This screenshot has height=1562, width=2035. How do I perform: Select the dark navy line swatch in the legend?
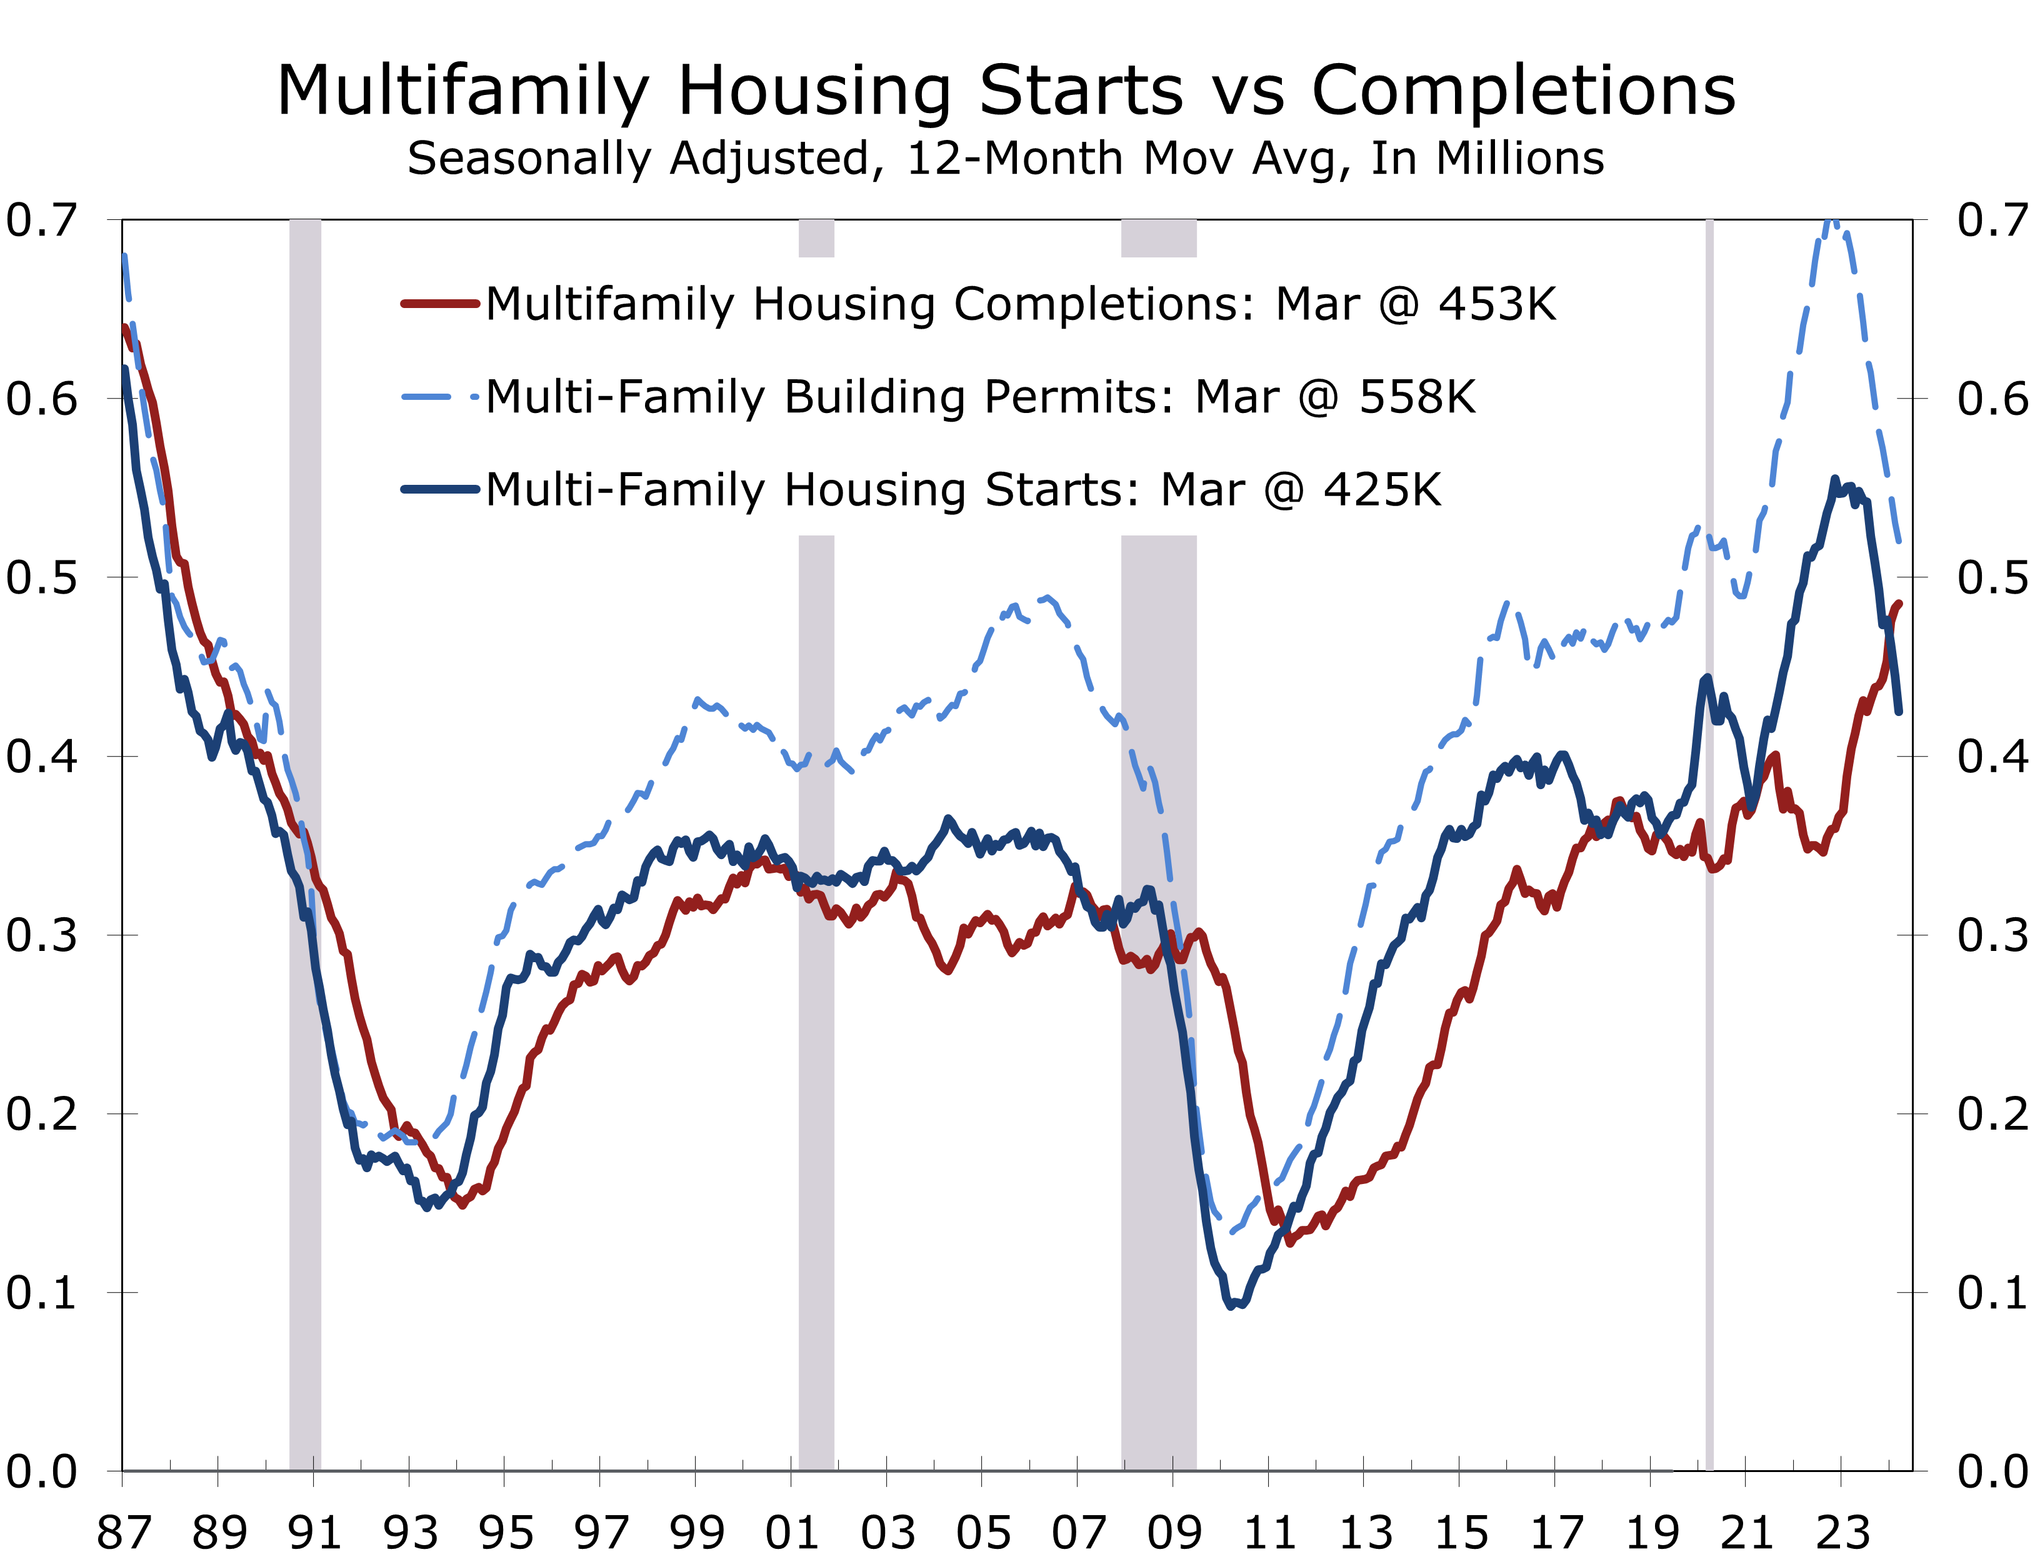(439, 489)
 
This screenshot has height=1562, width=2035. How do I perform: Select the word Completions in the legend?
(1104, 304)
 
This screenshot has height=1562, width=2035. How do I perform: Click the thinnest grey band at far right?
(1709, 930)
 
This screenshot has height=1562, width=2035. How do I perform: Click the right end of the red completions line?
(1899, 604)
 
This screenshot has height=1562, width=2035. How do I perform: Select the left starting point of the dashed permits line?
(124, 255)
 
